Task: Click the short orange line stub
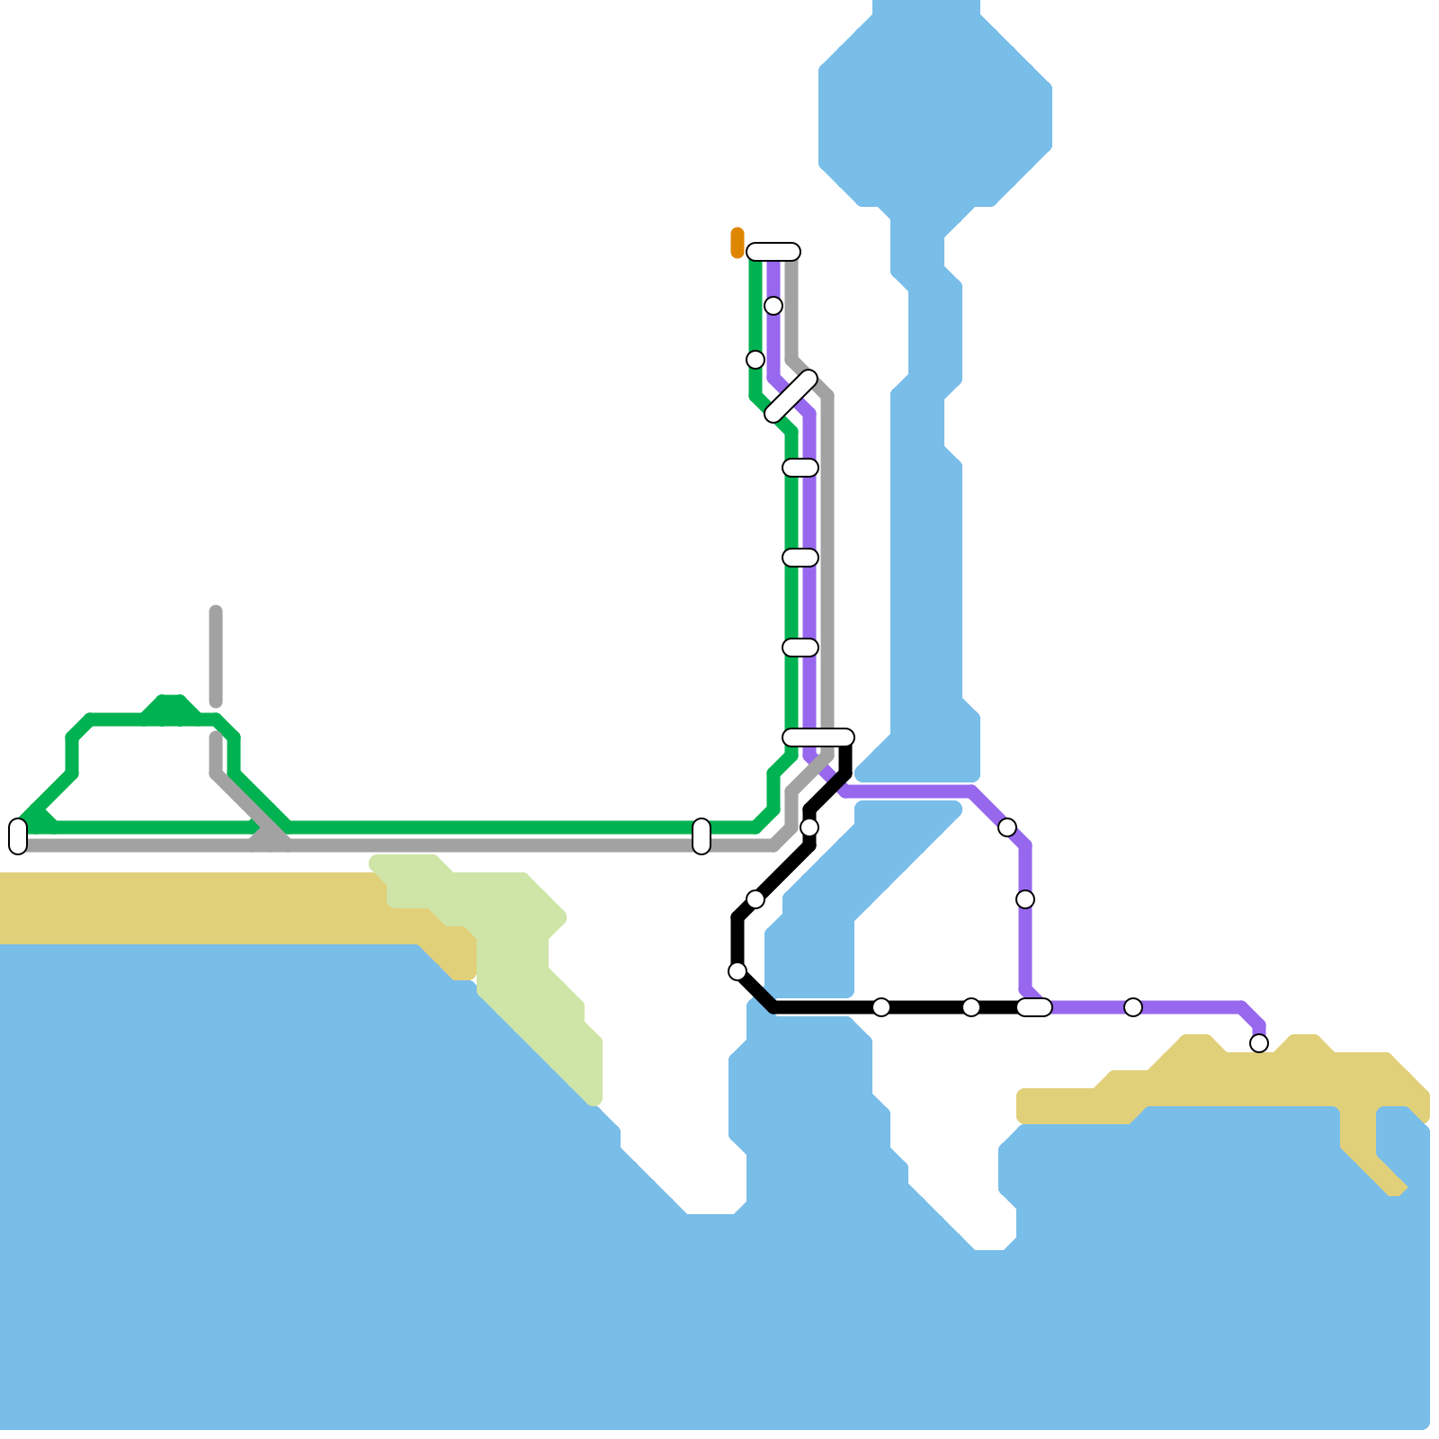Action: [x=737, y=243]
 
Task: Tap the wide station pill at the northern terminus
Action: [x=773, y=252]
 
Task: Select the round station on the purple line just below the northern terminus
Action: [x=773, y=306]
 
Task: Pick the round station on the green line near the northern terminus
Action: [x=755, y=360]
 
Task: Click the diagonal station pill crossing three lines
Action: [x=791, y=396]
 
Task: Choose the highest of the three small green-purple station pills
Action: [x=800, y=468]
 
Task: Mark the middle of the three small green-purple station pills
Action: [x=800, y=558]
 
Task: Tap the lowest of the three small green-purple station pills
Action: [x=800, y=648]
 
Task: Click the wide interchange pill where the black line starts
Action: [x=818, y=737]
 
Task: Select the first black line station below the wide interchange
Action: [x=809, y=827]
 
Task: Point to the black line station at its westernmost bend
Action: [x=737, y=971]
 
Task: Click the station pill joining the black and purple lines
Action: [x=1034, y=1007]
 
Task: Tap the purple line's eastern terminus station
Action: [x=1259, y=1043]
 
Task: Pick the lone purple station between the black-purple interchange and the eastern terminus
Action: [x=1133, y=1007]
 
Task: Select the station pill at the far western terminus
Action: [x=18, y=836]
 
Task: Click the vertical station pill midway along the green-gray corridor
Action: [x=702, y=836]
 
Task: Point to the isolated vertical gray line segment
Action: [x=216, y=657]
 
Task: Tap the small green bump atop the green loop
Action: [x=171, y=706]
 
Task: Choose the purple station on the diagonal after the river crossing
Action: [x=1007, y=827]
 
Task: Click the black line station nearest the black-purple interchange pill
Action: [x=971, y=1007]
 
